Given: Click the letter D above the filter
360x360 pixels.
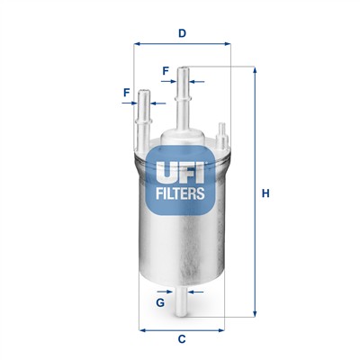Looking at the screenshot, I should click(x=182, y=34).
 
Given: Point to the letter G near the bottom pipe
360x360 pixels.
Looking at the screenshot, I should click(x=159, y=302).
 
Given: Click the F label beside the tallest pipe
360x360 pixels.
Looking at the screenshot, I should click(x=166, y=70).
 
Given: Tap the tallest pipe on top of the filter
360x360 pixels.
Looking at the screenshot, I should click(x=184, y=99).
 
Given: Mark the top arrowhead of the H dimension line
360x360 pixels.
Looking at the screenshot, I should click(x=254, y=71).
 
